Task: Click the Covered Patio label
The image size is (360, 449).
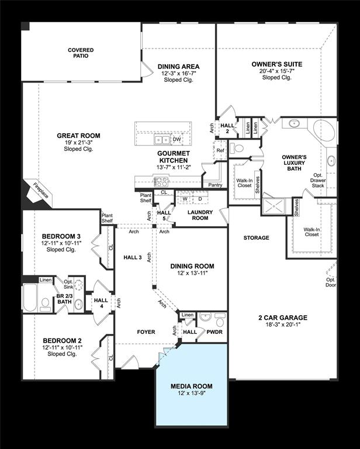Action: (x=81, y=53)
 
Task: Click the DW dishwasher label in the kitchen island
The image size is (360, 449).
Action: (x=177, y=140)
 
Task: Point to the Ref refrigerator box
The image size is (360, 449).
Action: (x=220, y=150)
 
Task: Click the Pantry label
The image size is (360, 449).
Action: (x=215, y=185)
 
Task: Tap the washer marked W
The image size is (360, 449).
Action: (x=185, y=199)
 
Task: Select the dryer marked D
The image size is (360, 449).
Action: (x=200, y=199)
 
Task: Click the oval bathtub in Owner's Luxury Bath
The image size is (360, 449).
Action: (x=324, y=130)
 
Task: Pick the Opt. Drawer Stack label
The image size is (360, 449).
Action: (x=318, y=180)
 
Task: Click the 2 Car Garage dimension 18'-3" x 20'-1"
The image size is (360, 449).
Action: (x=283, y=324)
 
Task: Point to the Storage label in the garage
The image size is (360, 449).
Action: (x=256, y=238)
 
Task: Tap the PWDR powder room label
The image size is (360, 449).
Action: (x=214, y=332)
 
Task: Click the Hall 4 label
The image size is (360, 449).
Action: (x=101, y=303)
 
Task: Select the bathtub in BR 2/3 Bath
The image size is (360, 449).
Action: (x=30, y=298)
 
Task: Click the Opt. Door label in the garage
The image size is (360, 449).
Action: (x=331, y=282)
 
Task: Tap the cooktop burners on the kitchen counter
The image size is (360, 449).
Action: (x=161, y=182)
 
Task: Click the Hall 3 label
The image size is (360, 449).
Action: (x=133, y=257)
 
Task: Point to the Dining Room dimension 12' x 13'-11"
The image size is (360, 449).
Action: (x=192, y=273)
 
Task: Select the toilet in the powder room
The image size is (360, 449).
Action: (x=220, y=320)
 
